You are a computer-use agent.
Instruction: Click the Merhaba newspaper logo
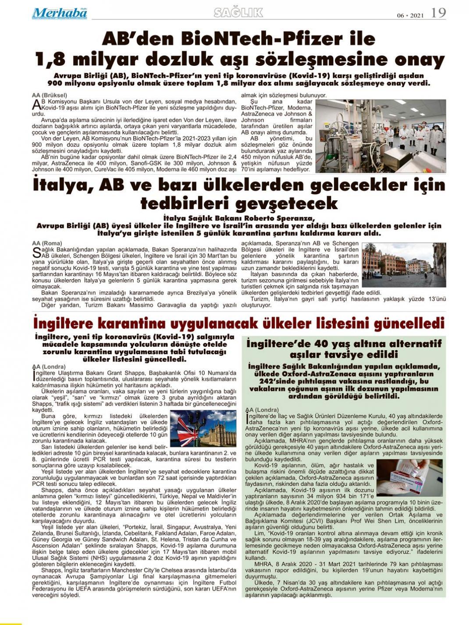(59, 13)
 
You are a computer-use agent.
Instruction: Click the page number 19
(438, 13)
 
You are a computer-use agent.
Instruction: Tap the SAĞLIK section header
(238, 13)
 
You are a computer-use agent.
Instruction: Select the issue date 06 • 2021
(411, 15)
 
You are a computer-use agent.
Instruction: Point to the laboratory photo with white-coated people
(380, 135)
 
